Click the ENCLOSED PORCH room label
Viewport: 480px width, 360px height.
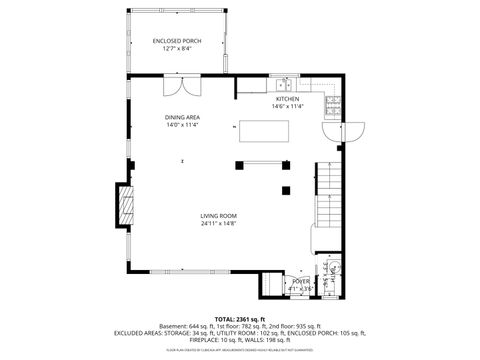click(x=177, y=41)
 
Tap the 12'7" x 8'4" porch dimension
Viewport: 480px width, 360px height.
click(x=177, y=49)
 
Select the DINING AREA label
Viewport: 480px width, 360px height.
click(x=182, y=117)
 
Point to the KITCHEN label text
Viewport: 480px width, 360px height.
click(x=288, y=99)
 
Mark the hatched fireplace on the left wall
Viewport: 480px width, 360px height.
click(x=125, y=207)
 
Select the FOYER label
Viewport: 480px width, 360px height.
click(x=300, y=282)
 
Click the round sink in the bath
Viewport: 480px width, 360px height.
click(x=336, y=267)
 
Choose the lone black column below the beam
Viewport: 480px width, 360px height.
click(x=286, y=189)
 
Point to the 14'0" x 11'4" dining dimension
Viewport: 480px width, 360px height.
click(x=182, y=125)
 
